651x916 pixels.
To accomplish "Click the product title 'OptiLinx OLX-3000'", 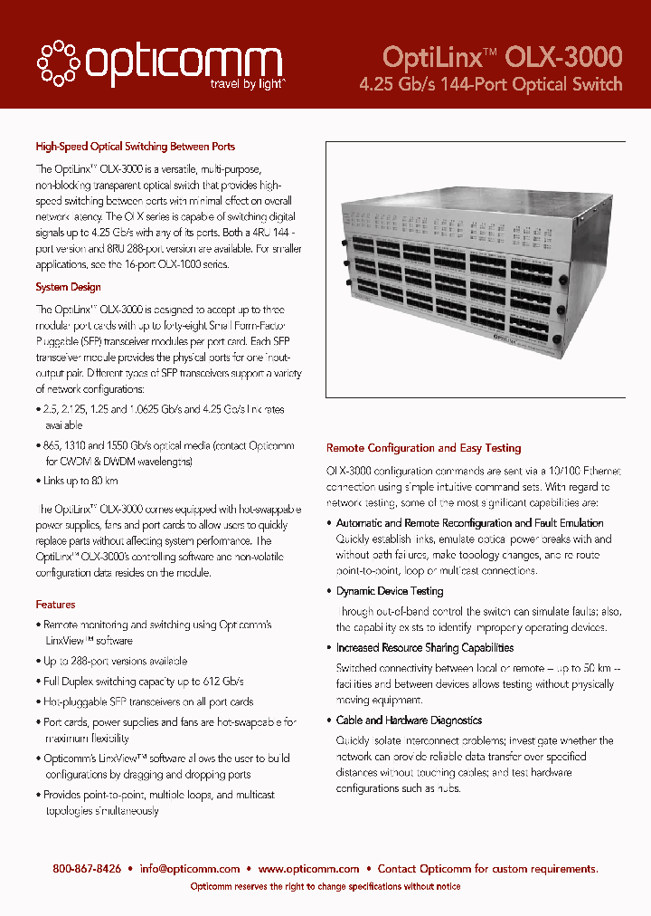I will (x=502, y=57).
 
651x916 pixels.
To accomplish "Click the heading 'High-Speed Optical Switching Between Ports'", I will (x=135, y=146).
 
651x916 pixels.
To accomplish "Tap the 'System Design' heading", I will (x=68, y=287).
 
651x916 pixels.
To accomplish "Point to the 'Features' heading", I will (x=55, y=604).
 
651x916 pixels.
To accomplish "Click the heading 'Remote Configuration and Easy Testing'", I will (x=423, y=448).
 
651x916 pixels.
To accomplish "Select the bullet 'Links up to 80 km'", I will (x=80, y=481).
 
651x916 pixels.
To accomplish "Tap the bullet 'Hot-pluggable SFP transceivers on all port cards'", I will (x=148, y=701).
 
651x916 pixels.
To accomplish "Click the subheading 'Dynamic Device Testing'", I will (x=389, y=591).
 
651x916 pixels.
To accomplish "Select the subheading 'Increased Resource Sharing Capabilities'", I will (x=424, y=648).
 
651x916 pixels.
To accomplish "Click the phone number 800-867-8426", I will (x=87, y=869).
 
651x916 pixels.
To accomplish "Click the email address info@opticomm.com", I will (x=190, y=869).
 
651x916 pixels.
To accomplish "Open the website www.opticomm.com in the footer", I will (x=308, y=869).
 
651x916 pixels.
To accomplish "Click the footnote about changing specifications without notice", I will (x=325, y=887).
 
